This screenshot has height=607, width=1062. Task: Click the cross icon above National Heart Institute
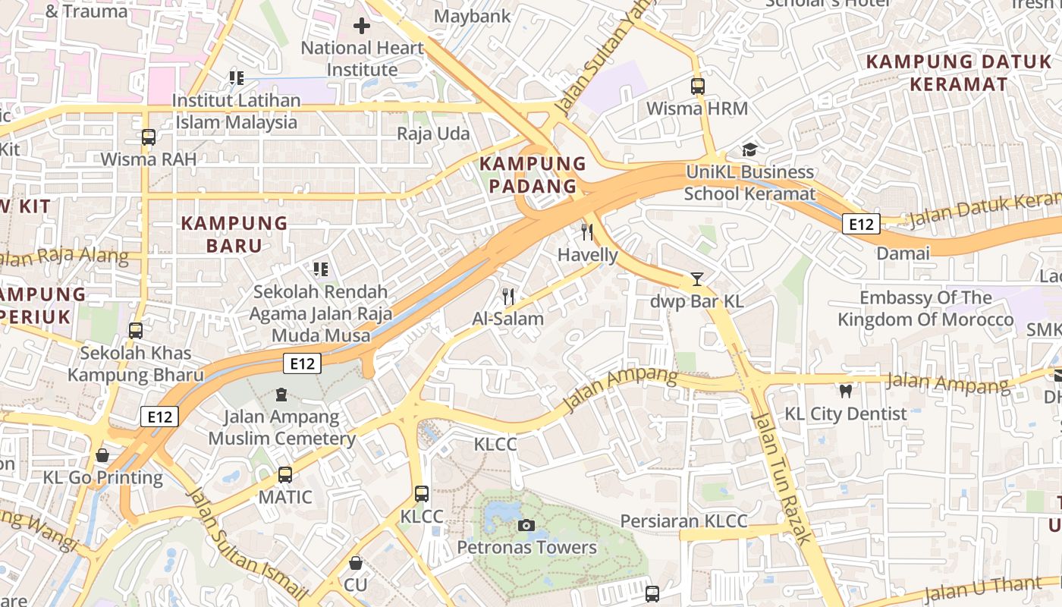(x=362, y=26)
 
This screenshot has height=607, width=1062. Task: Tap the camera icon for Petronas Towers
(x=526, y=525)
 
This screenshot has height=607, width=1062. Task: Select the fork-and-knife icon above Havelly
(x=586, y=232)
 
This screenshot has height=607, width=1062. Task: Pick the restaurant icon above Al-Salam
(x=508, y=297)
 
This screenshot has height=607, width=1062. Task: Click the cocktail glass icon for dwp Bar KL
(x=696, y=279)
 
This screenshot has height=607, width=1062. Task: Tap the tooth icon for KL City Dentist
(x=846, y=392)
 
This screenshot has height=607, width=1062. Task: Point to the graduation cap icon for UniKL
(x=749, y=149)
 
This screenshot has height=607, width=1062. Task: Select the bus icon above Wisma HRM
(x=697, y=86)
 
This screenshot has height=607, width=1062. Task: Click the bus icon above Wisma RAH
(x=149, y=137)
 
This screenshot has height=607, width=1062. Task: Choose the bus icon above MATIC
(x=285, y=475)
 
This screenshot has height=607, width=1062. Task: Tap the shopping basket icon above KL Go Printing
(x=102, y=455)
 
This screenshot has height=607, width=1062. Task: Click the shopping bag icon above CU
(x=355, y=563)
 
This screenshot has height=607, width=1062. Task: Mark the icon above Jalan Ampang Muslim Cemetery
(x=281, y=395)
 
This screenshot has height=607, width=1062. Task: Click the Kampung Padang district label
(x=533, y=175)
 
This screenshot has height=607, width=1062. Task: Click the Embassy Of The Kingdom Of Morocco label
(x=925, y=309)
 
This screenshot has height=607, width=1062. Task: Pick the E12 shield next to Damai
(x=861, y=224)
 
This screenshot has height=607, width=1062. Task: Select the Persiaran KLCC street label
(x=683, y=521)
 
